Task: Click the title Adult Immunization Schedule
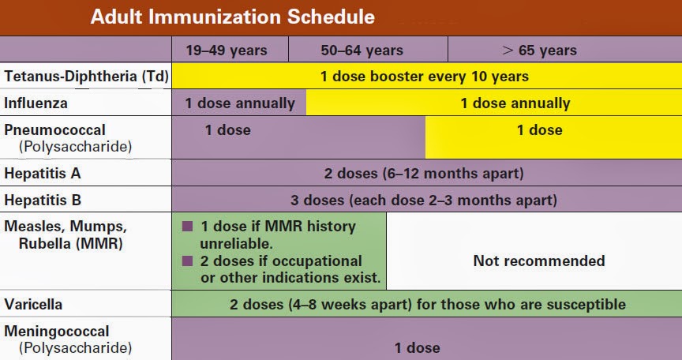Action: point(233,17)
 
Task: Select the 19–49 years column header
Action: point(227,51)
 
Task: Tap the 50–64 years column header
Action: point(362,51)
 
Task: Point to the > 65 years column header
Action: point(540,51)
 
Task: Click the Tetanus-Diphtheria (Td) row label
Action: point(83,77)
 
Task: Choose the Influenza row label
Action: point(36,103)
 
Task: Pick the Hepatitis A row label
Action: point(43,173)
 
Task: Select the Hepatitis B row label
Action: point(43,200)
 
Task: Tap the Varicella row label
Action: point(33,304)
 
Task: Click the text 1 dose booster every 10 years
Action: point(425,77)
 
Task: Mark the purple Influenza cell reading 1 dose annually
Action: point(240,103)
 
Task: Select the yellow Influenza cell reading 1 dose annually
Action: point(515,103)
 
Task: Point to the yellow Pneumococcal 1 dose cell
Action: point(540,130)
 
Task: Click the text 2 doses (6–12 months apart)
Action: point(424,173)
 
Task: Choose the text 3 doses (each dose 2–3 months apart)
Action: point(425,200)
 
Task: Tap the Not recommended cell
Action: point(539,261)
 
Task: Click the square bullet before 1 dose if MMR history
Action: point(188,227)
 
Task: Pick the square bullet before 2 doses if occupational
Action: point(188,261)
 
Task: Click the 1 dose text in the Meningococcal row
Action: point(418,347)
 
